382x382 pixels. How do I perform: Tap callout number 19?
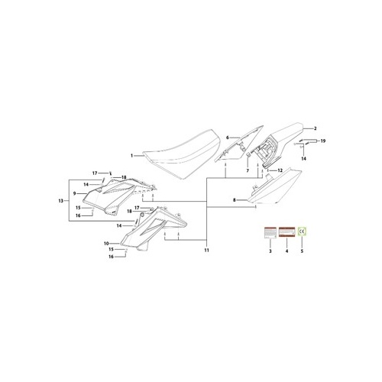point(323,141)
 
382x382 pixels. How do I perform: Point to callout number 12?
point(280,170)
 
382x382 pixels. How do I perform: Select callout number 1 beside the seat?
point(131,155)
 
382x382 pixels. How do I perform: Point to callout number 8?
point(234,201)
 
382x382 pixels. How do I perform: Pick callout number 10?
point(107,243)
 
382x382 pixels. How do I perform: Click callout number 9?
point(74,194)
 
